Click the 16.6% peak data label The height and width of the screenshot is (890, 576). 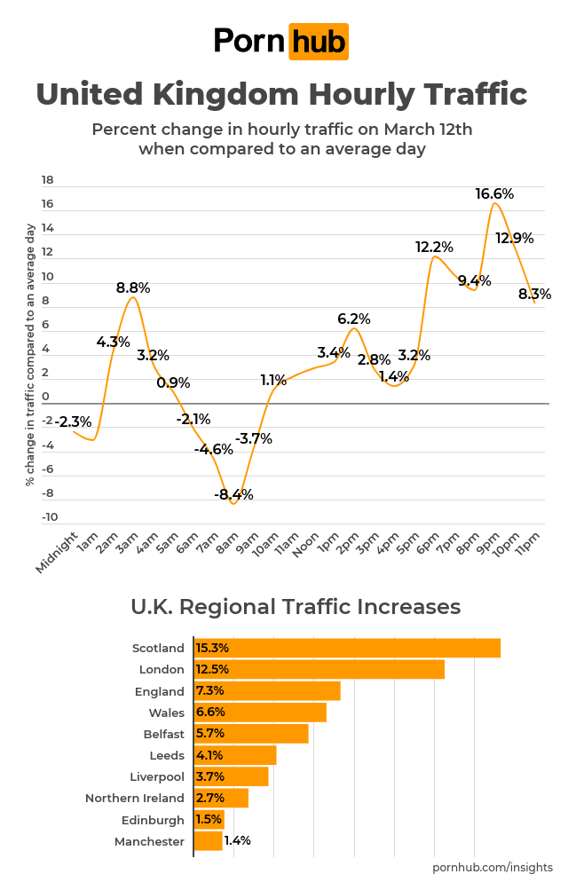tap(494, 193)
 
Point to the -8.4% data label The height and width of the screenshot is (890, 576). tap(233, 494)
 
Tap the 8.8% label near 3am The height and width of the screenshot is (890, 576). tap(133, 287)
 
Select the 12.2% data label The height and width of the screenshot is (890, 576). tap(434, 248)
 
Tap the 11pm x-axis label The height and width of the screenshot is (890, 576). tap(530, 542)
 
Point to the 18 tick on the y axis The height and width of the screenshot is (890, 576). tap(48, 180)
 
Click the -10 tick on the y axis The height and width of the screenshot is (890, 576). tap(49, 517)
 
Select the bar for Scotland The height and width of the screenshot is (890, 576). tap(347, 648)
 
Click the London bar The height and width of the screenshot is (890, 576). tap(319, 669)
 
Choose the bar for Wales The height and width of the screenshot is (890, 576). tap(260, 713)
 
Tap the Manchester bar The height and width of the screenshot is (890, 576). tap(208, 840)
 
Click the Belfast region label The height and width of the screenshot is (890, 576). tap(163, 734)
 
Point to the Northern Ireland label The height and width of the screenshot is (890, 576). tap(135, 798)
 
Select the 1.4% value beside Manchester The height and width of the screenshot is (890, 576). tap(237, 840)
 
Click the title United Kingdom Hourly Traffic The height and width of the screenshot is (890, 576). tap(281, 94)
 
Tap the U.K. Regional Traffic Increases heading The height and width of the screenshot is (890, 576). tap(296, 607)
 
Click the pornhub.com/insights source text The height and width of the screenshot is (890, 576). tap(492, 867)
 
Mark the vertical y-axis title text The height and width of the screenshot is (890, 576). tap(30, 354)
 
